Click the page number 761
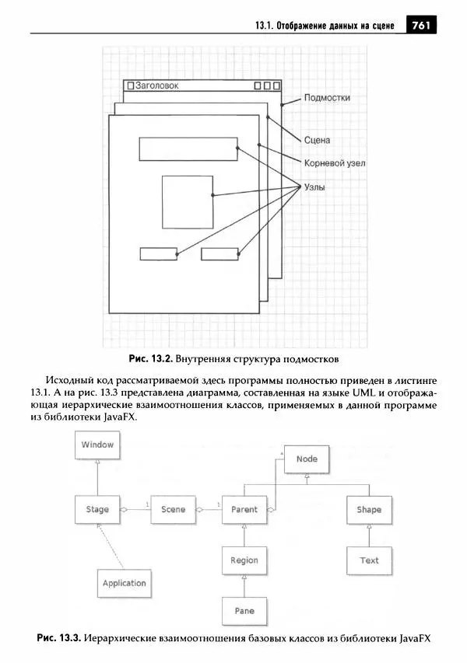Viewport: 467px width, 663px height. coord(421,26)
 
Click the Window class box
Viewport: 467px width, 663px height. coord(98,445)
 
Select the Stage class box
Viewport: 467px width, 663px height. coord(98,510)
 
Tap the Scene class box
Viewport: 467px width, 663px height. coord(173,510)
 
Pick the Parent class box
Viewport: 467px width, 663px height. coord(244,510)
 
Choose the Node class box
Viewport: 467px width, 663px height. coord(307,459)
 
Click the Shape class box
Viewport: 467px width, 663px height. coord(369,510)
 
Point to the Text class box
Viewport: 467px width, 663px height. coord(369,560)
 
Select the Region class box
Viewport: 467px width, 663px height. coord(244,560)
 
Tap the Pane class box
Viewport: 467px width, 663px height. coord(244,611)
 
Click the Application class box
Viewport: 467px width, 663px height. coord(124,583)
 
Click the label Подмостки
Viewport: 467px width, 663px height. coord(326,98)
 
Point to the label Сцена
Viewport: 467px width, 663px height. coord(317,141)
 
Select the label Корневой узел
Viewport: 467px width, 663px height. coord(335,163)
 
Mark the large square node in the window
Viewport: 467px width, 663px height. coord(188,202)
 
